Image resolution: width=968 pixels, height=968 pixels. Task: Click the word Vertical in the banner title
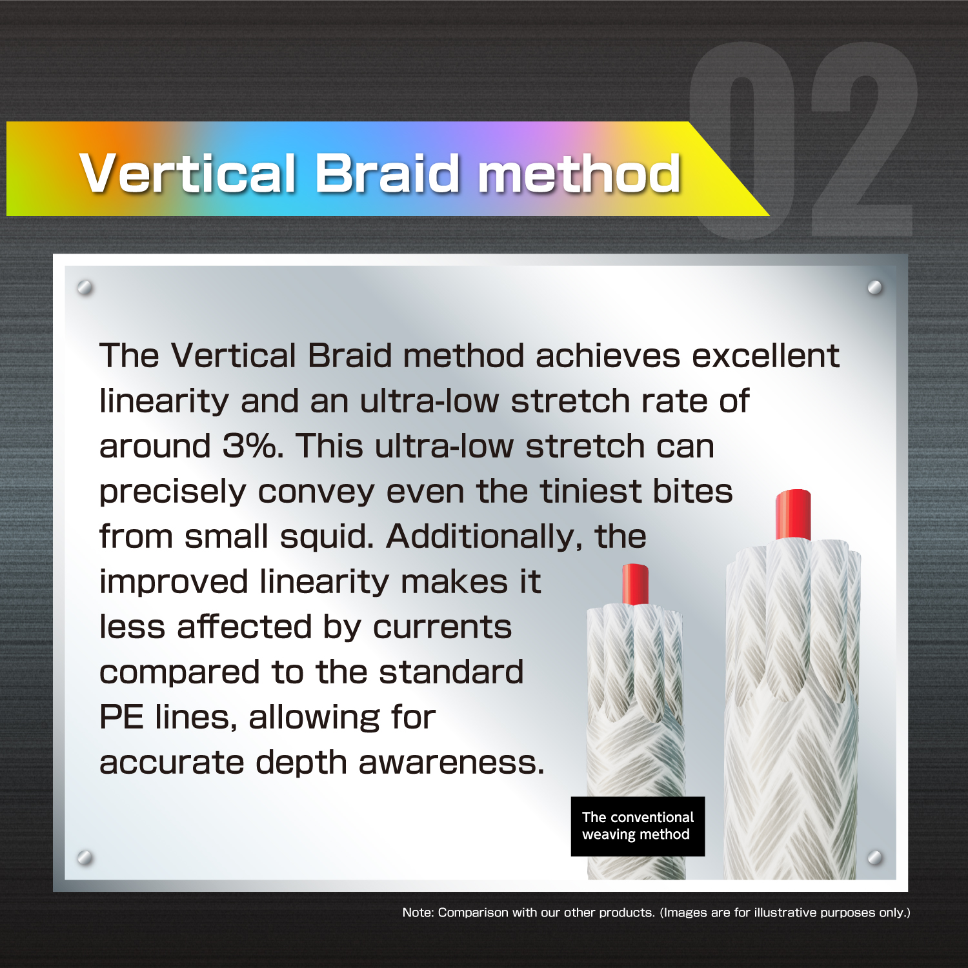pyautogui.click(x=188, y=173)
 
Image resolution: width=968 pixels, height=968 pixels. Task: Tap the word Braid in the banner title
pyautogui.click(x=387, y=173)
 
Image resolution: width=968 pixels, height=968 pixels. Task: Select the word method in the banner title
pyautogui.click(x=579, y=173)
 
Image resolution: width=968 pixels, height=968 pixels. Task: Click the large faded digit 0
pyautogui.click(x=742, y=141)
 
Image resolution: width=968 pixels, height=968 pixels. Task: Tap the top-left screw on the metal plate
pyautogui.click(x=85, y=287)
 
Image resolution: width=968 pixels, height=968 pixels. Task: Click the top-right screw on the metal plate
pyautogui.click(x=875, y=287)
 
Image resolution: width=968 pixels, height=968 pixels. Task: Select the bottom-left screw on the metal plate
pyautogui.click(x=85, y=858)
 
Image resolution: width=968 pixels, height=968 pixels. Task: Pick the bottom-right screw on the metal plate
pyautogui.click(x=875, y=858)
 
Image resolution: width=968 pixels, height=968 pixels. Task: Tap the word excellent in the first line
pyautogui.click(x=765, y=356)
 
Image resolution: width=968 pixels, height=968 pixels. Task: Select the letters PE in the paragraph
pyautogui.click(x=121, y=717)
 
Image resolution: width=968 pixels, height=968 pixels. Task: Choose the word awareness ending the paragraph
pyautogui.click(x=452, y=763)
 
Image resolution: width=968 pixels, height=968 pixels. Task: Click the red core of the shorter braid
pyautogui.click(x=635, y=584)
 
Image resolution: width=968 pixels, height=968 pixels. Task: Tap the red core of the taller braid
pyautogui.click(x=793, y=514)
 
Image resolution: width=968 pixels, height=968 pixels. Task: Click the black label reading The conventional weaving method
pyautogui.click(x=638, y=826)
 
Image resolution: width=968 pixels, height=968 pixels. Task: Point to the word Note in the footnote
pyautogui.click(x=418, y=913)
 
